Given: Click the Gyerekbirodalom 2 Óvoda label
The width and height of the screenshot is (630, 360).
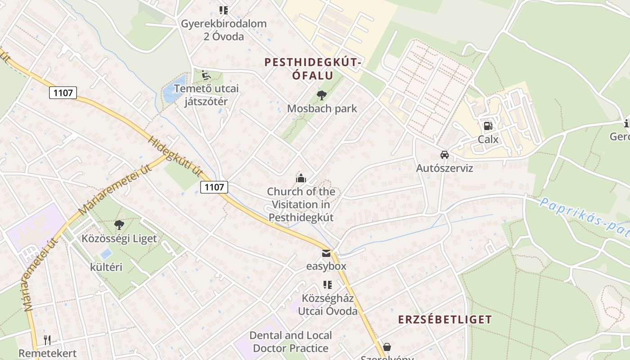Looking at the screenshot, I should coord(224,30).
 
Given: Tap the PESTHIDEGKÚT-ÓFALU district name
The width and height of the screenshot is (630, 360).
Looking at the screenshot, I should coord(313,69).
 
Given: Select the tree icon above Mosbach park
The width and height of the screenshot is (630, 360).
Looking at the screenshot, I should coord(321,95).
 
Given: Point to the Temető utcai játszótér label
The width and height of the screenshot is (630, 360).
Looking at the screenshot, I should coord(206,95).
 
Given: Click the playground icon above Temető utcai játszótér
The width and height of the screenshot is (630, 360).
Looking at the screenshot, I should coord(206,75).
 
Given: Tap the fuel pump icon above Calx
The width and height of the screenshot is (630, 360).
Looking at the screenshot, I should coord(488,126).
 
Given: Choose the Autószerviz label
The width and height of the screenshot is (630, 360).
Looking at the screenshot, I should coord(444,168).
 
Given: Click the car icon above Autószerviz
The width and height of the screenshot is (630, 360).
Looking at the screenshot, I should coord(444,155).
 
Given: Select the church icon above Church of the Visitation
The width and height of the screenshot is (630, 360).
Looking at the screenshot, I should coord(301,178).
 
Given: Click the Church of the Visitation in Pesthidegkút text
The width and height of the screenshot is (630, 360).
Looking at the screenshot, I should coord(301,205).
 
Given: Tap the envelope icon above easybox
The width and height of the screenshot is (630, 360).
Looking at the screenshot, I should coord(326,253).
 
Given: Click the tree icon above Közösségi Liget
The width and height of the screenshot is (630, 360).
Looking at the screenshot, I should coord(119,225).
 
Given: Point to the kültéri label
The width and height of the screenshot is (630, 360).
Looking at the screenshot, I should coord(106,267).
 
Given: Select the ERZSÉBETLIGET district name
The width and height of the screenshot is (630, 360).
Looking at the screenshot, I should coord(445,320).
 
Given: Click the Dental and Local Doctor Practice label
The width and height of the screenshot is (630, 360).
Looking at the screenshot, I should coord(291,342).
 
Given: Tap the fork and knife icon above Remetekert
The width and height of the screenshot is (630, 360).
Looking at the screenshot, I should coord(47,340).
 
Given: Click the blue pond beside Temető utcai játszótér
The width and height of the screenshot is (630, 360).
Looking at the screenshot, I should coord(170,92).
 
